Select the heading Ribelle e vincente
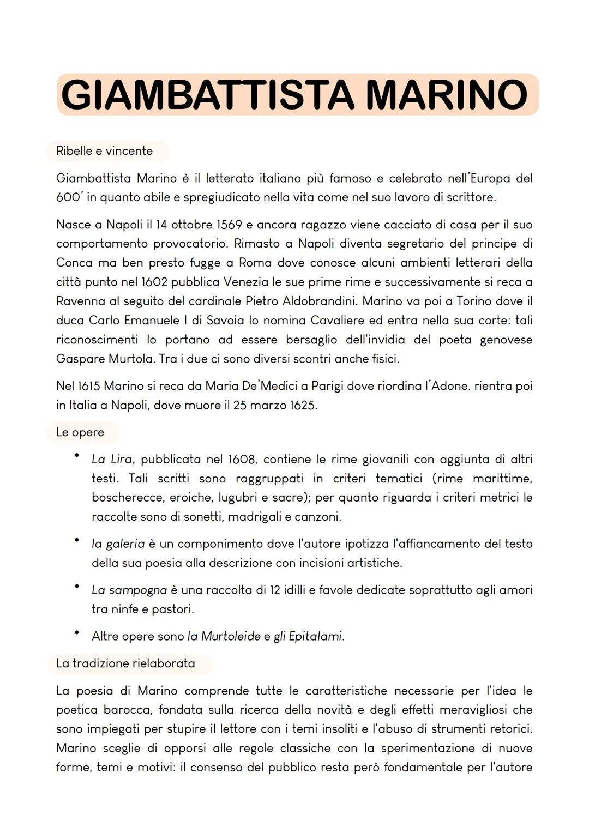(104, 151)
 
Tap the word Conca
(74, 263)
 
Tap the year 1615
(86, 386)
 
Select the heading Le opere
(80, 432)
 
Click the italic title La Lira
(111, 460)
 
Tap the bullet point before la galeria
(77, 540)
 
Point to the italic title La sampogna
(129, 590)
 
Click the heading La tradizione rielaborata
(125, 663)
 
